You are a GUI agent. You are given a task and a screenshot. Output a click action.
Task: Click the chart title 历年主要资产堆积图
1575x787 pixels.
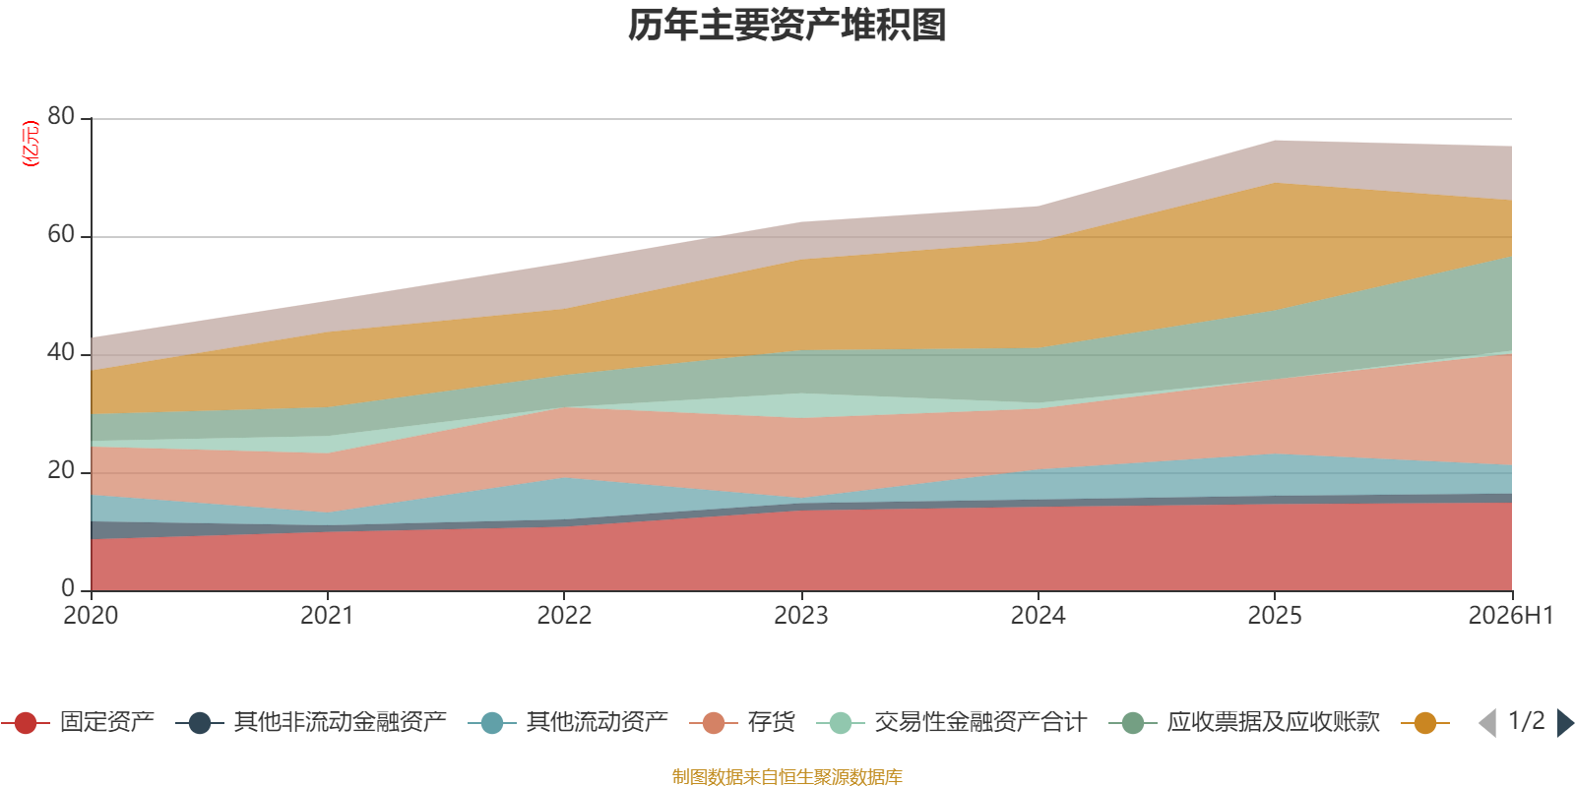[x=787, y=26]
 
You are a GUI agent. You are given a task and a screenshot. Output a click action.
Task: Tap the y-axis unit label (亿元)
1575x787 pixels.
[x=31, y=143]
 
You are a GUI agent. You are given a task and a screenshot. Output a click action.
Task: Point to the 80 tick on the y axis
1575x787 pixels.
[x=61, y=116]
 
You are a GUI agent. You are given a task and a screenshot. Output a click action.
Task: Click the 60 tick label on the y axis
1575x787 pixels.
[x=61, y=234]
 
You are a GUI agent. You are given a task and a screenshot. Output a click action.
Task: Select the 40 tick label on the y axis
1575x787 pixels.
[x=61, y=352]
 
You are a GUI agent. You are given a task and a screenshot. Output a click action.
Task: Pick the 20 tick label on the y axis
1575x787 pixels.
[x=61, y=470]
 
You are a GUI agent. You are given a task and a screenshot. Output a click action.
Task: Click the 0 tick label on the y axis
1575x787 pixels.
[x=68, y=587]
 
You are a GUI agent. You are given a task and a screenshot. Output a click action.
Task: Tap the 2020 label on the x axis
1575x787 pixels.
[x=91, y=615]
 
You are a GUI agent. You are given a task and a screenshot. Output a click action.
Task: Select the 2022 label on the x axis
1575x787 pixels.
[x=564, y=615]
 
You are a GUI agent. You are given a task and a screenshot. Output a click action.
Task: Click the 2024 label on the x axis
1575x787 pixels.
[x=1038, y=615]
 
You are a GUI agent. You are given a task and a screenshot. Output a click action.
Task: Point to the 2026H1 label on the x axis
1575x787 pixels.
[x=1510, y=615]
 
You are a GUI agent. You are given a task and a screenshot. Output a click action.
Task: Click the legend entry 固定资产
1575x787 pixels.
[x=78, y=722]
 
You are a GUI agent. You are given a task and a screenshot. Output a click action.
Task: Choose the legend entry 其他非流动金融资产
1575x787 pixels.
[x=311, y=722]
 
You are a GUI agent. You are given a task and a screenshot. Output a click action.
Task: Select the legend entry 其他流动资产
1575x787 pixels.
[x=568, y=722]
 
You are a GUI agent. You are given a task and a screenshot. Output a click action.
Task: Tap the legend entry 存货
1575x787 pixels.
[x=742, y=722]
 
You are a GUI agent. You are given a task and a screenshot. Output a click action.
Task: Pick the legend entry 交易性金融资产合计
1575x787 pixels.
[x=952, y=722]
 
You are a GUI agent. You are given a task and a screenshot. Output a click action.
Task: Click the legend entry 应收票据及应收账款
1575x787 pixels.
[x=1244, y=722]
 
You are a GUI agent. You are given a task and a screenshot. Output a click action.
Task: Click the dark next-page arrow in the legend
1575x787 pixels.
[x=1565, y=722]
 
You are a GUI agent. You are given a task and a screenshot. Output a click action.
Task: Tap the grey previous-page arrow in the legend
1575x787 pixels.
[x=1487, y=722]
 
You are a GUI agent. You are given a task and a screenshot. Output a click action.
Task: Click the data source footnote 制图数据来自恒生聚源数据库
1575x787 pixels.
[x=787, y=776]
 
